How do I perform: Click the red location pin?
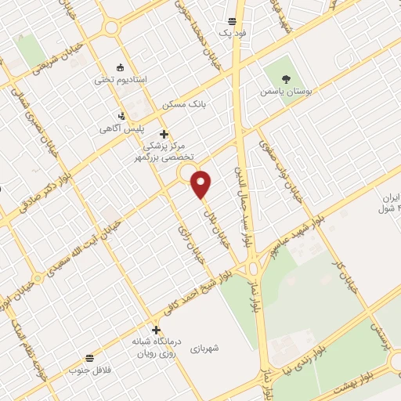[x=202, y=184]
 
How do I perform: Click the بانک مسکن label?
[x=183, y=104]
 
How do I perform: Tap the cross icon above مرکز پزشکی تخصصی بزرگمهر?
[x=164, y=134]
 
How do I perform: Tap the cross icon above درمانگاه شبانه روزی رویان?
[x=157, y=330]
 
